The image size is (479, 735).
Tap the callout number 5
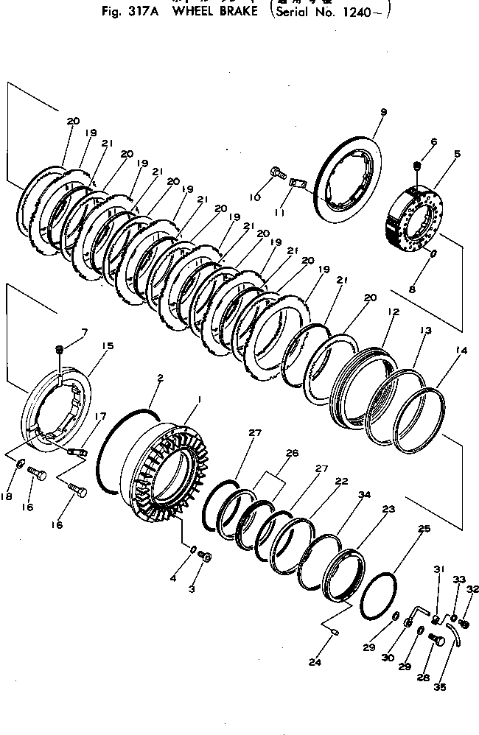coord(457,155)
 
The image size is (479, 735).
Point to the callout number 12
coord(394,312)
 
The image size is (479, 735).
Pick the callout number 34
coord(364,496)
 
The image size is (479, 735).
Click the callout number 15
coord(108,345)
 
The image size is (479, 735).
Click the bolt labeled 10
coord(277,172)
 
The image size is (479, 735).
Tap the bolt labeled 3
coord(206,557)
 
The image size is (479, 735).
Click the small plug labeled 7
coord(60,348)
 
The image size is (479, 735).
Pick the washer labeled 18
coord(16,463)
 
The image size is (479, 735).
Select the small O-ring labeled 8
coord(433,254)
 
